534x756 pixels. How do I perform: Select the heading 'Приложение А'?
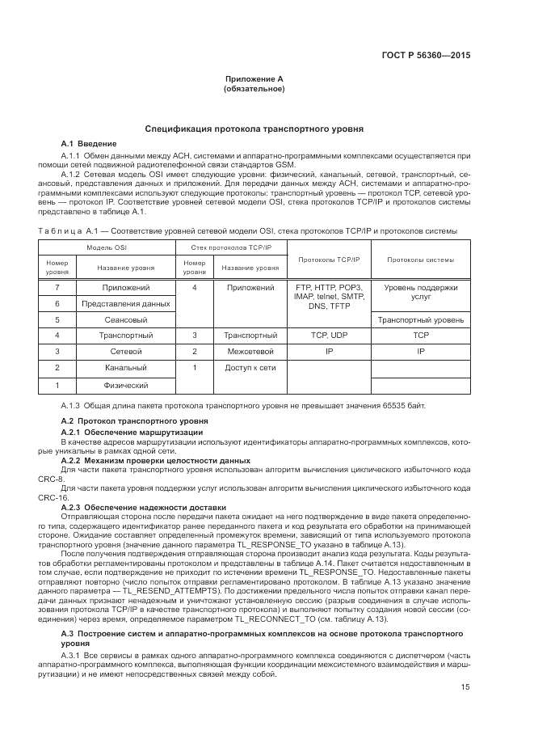point(254,79)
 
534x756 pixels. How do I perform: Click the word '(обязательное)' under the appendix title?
point(254,88)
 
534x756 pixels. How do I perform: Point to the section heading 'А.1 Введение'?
point(83,143)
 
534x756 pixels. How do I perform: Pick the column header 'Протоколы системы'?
point(420,260)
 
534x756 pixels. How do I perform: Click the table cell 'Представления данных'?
point(126,303)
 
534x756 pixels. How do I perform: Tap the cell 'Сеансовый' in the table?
point(126,319)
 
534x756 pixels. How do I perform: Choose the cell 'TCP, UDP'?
point(329,335)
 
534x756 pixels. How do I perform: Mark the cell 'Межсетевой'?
point(250,352)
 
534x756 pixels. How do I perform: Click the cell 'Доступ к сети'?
point(250,368)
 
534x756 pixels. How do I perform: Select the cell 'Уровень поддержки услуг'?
point(420,292)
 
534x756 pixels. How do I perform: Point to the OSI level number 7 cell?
point(57,287)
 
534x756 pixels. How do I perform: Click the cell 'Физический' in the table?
point(126,386)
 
